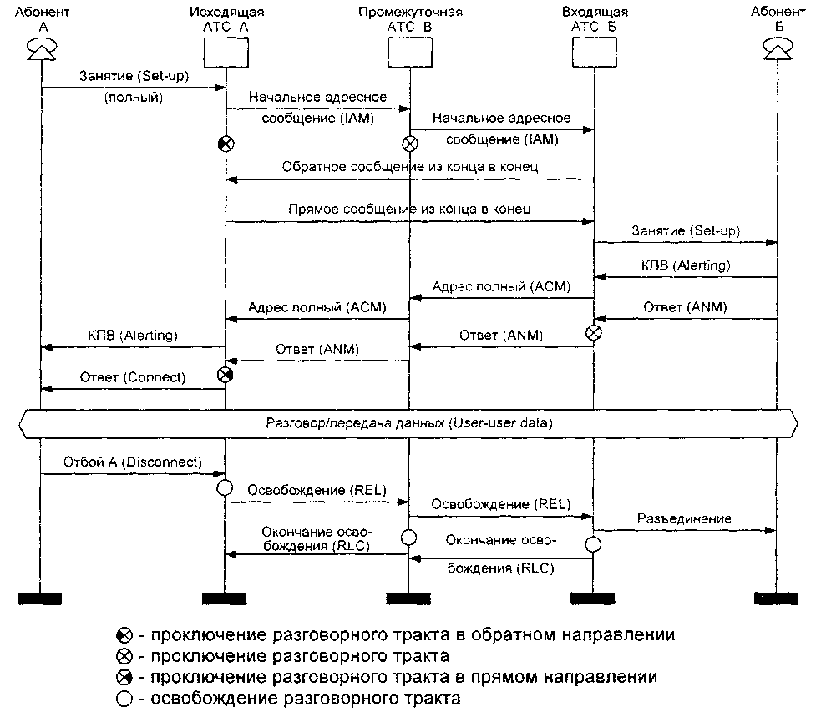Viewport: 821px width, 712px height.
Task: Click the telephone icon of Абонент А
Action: tap(41, 52)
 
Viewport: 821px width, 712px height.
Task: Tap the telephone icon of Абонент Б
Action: tap(776, 52)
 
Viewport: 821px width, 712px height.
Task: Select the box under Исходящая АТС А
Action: tap(226, 53)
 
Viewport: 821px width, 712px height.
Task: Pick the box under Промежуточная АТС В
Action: tap(409, 53)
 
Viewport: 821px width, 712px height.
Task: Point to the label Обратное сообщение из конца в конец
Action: tap(410, 167)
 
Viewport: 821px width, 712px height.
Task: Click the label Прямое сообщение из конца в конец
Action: tap(408, 209)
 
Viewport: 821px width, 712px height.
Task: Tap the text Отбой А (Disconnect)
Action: tap(133, 462)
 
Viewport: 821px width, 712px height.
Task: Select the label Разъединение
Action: tap(684, 518)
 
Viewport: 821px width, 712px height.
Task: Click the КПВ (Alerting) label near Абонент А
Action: tap(133, 335)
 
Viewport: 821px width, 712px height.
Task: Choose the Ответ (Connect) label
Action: tap(133, 377)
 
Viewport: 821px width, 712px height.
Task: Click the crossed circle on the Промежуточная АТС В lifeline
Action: tap(410, 144)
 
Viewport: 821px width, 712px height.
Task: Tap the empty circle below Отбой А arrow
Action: tap(225, 487)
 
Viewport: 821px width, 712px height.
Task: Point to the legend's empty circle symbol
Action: tap(124, 698)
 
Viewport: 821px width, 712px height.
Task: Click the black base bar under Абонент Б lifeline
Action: tap(776, 597)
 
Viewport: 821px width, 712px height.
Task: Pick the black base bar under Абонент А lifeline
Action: tap(41, 597)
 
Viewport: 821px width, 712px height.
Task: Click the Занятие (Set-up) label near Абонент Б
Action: tap(686, 230)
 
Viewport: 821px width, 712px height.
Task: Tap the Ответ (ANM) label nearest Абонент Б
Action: tap(685, 306)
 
